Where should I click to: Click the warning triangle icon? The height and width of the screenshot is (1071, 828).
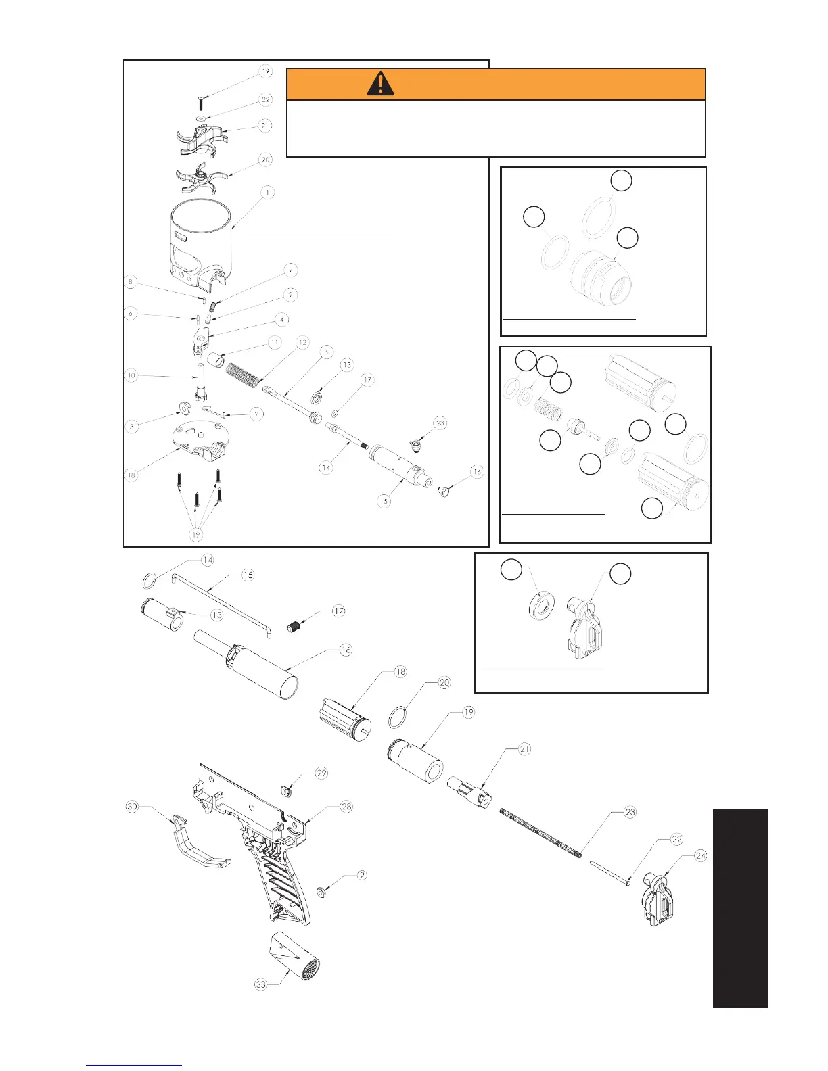381,84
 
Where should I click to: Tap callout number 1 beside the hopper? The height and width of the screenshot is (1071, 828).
267,193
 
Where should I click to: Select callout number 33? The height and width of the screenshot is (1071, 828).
261,984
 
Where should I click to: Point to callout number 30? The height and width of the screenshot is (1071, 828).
133,807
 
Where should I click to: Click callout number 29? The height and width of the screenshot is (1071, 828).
321,773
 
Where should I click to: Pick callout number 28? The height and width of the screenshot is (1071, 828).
346,807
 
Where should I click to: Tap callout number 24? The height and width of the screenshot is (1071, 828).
700,856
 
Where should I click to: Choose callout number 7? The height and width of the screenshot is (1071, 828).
291,270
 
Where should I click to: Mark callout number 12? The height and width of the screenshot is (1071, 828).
302,343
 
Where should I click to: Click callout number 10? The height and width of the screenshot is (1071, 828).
131,375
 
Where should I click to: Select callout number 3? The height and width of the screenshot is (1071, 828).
132,427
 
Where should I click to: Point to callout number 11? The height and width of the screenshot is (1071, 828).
275,343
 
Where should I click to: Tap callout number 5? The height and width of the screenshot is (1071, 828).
327,352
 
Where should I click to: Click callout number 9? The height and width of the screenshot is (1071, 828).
290,295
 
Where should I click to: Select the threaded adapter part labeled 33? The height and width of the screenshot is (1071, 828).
295,953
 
